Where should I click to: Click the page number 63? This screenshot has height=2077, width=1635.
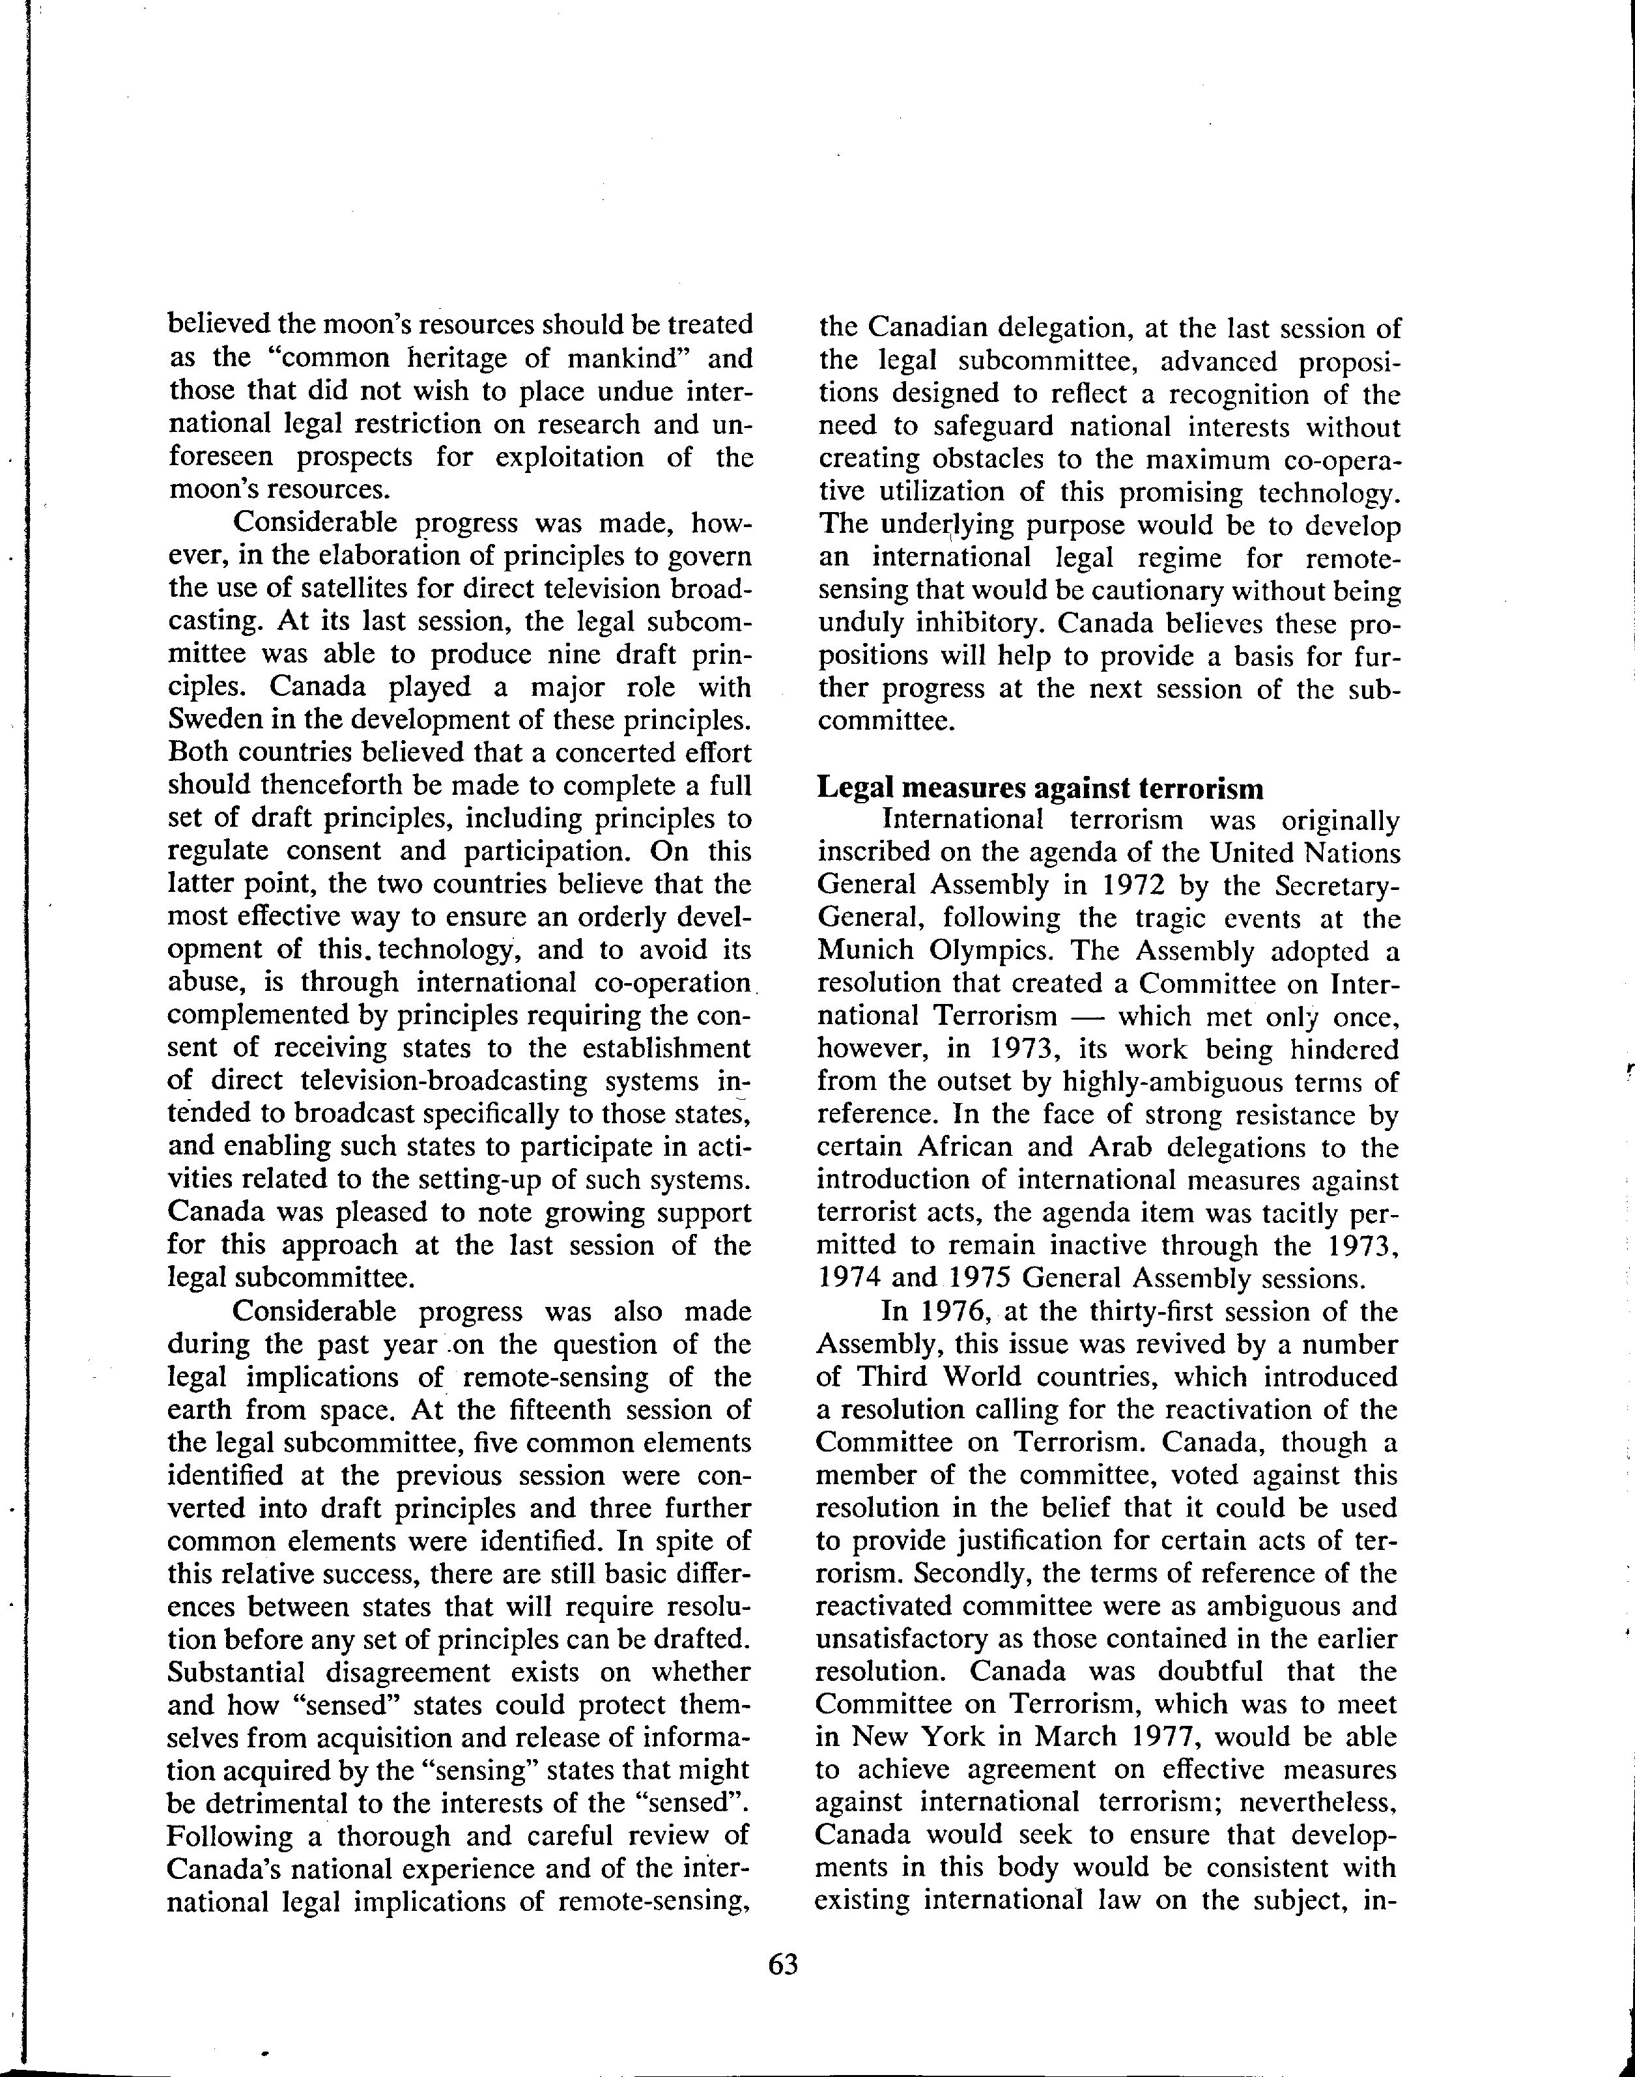[x=782, y=1964]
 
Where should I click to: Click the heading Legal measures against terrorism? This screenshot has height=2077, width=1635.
[x=1040, y=788]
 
